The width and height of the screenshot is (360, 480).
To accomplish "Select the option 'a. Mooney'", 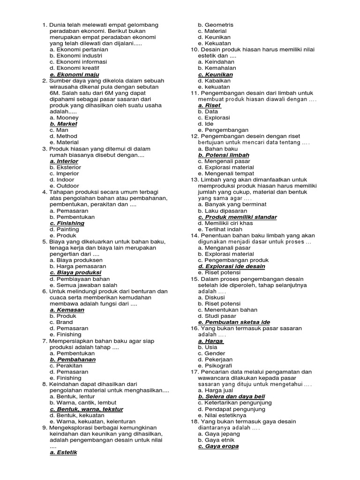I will [x=64, y=118].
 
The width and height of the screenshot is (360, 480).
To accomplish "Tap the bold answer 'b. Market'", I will [x=63, y=124].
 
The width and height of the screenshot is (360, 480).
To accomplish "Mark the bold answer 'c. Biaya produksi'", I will [x=75, y=272].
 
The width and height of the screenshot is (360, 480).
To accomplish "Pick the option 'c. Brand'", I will [x=61, y=322].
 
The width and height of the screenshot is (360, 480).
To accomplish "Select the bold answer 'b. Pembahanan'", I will [x=73, y=359].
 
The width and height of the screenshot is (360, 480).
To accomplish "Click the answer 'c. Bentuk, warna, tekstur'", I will [x=86, y=409].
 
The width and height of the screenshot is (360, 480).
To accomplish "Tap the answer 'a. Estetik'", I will [x=63, y=452].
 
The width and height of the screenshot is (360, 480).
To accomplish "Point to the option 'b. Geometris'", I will [x=216, y=25].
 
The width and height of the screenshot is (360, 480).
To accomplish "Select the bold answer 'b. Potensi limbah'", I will [x=224, y=155].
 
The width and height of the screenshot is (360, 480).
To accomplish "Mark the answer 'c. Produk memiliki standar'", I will [x=237, y=217].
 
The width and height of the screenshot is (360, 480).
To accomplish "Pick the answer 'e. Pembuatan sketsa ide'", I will [x=234, y=322].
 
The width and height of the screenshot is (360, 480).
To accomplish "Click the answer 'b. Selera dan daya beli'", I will [x=231, y=396].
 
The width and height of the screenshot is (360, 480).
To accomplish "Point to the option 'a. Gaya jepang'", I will [x=218, y=434].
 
